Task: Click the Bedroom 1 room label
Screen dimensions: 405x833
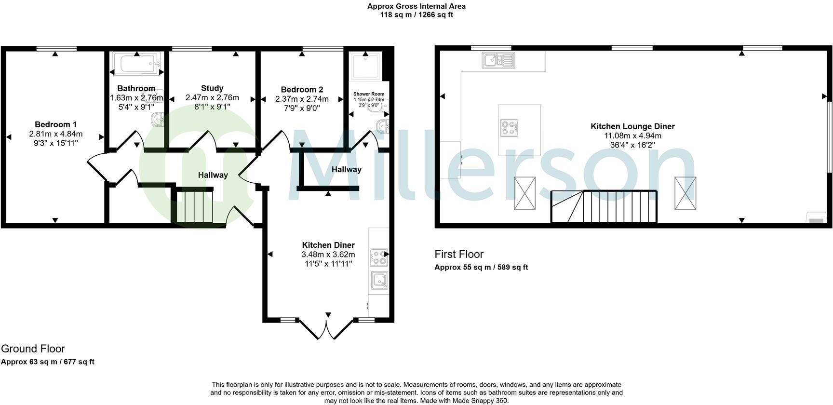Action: pos(55,124)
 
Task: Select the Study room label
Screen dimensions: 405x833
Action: pos(212,88)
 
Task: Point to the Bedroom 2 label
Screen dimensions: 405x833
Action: pos(302,90)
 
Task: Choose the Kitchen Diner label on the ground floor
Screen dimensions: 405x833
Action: pos(328,245)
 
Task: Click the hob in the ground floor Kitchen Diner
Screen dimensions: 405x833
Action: pos(378,257)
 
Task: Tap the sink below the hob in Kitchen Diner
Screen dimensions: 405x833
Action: pos(379,280)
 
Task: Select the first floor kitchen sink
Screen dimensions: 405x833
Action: pos(498,60)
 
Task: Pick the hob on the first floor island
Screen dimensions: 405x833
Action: pos(509,127)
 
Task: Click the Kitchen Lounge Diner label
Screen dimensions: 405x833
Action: pos(632,126)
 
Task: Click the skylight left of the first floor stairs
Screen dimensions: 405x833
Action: pos(524,193)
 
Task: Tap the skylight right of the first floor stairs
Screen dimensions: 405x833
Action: pos(685,193)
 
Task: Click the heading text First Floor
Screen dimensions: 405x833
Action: pos(459,254)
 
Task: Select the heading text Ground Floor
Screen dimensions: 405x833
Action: pos(33,349)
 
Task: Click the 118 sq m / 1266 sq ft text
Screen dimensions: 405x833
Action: pos(416,14)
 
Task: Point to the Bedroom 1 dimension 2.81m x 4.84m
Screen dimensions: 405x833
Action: pos(55,134)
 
